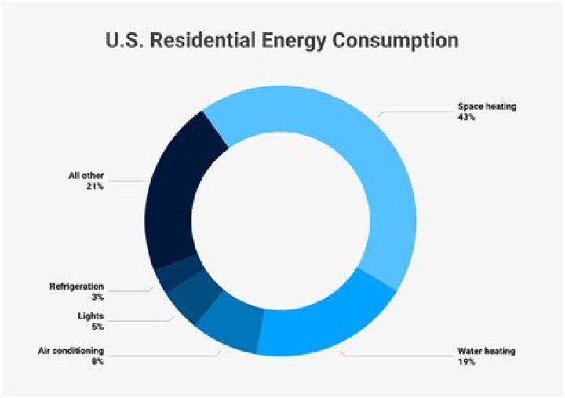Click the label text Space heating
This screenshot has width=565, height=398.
click(487, 106)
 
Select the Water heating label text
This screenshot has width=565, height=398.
click(487, 351)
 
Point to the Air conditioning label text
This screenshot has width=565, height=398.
click(71, 351)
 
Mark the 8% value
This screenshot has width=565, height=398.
click(97, 362)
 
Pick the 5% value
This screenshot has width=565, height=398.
click(97, 327)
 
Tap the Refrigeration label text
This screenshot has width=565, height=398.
click(76, 287)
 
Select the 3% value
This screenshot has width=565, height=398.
click(97, 298)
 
